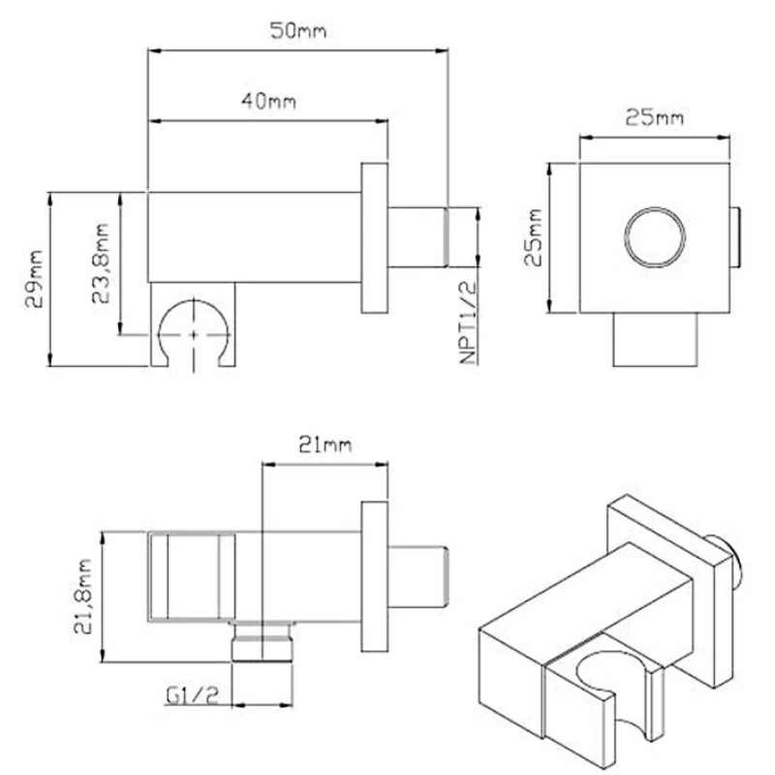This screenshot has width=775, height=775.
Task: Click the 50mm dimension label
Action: [x=298, y=31]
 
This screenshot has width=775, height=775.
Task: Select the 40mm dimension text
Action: [x=269, y=101]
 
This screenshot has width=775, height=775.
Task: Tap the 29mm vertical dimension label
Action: [x=35, y=279]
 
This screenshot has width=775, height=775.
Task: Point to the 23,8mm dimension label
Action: [x=101, y=263]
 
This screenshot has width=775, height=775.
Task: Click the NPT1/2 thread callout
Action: [x=468, y=322]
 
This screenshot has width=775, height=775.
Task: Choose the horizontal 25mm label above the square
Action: [x=655, y=117]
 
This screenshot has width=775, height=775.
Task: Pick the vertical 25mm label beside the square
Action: [x=533, y=237]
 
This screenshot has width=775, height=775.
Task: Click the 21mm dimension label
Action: [x=325, y=445]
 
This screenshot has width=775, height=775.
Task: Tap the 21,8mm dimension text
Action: [x=82, y=596]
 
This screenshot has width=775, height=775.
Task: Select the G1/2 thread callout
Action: [x=192, y=696]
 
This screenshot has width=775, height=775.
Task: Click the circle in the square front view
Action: [x=655, y=237]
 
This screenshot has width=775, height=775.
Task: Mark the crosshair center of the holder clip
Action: [x=193, y=334]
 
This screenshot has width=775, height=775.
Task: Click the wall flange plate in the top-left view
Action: [x=374, y=237]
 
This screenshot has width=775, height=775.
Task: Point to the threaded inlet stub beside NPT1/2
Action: [x=418, y=237]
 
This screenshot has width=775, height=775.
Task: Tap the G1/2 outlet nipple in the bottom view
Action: [x=263, y=641]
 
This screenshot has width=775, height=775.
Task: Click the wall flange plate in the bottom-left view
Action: [x=374, y=576]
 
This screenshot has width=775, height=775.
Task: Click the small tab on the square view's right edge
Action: [x=734, y=237]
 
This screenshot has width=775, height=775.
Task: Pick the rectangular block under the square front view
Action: [x=655, y=340]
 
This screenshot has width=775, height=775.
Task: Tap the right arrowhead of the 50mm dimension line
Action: [x=442, y=50]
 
